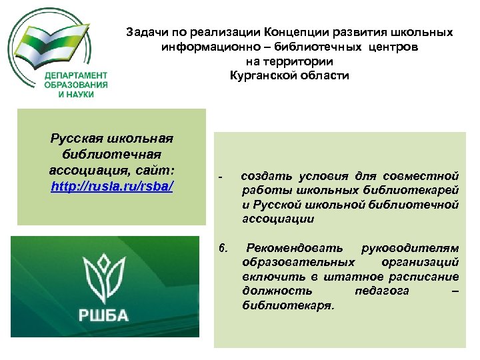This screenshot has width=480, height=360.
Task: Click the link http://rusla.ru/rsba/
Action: pyautogui.click(x=112, y=186)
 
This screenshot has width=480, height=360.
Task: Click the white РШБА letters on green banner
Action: pyautogui.click(x=104, y=315)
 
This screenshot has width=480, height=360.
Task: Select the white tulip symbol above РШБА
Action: pyautogui.click(x=104, y=277)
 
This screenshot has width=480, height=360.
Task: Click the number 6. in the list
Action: pyautogui.click(x=224, y=249)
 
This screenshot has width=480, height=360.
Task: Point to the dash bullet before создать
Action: pyautogui.click(x=221, y=177)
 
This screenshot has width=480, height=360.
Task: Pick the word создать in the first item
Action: pyautogui.click(x=263, y=176)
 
